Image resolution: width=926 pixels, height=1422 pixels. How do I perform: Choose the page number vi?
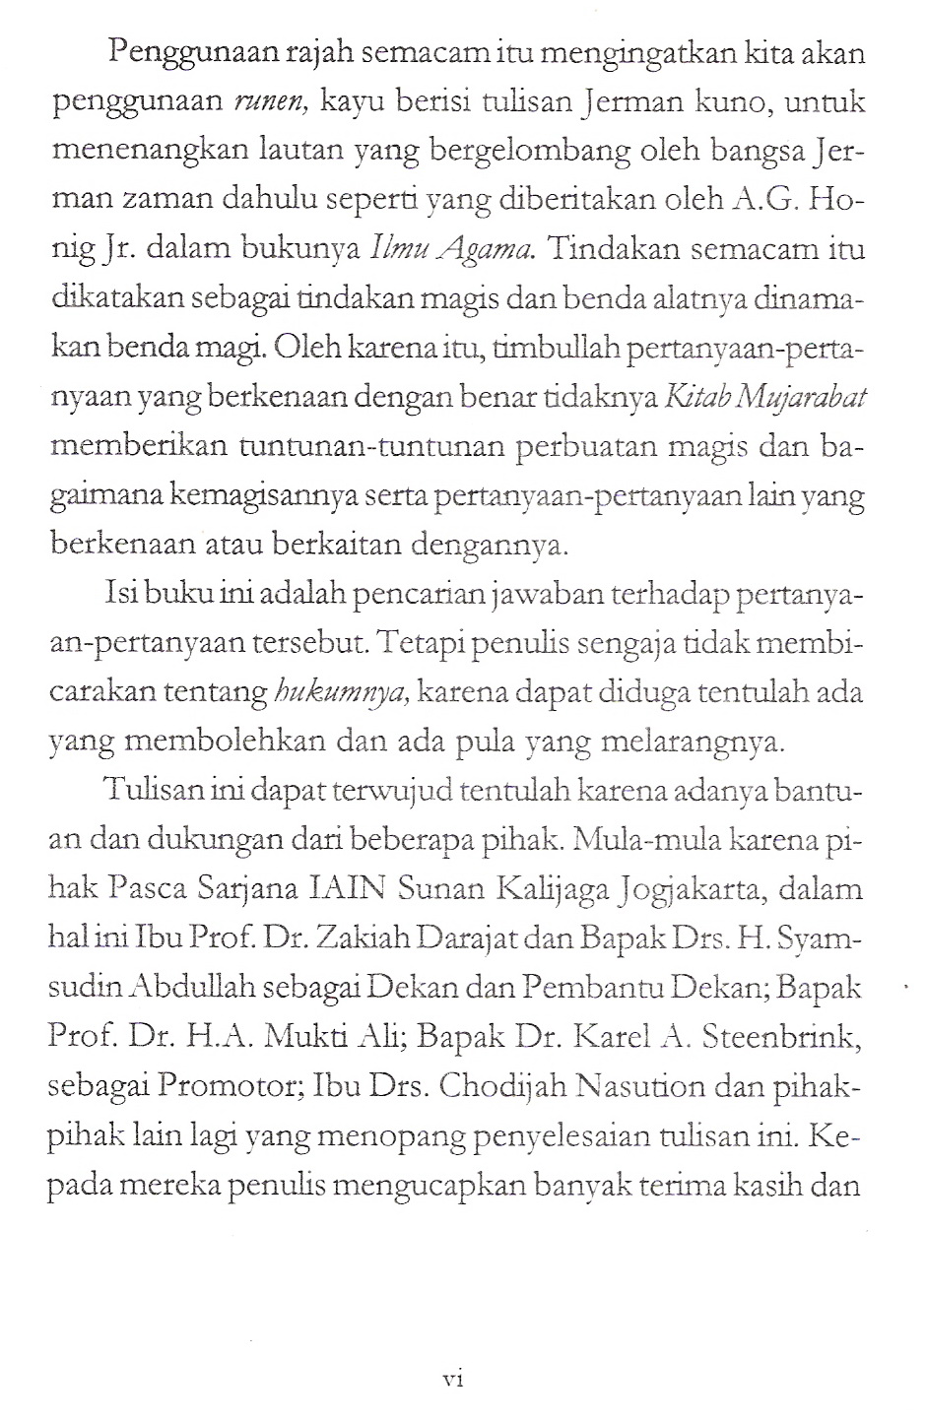[453, 1380]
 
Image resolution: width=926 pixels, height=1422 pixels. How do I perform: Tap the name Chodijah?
[501, 1086]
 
